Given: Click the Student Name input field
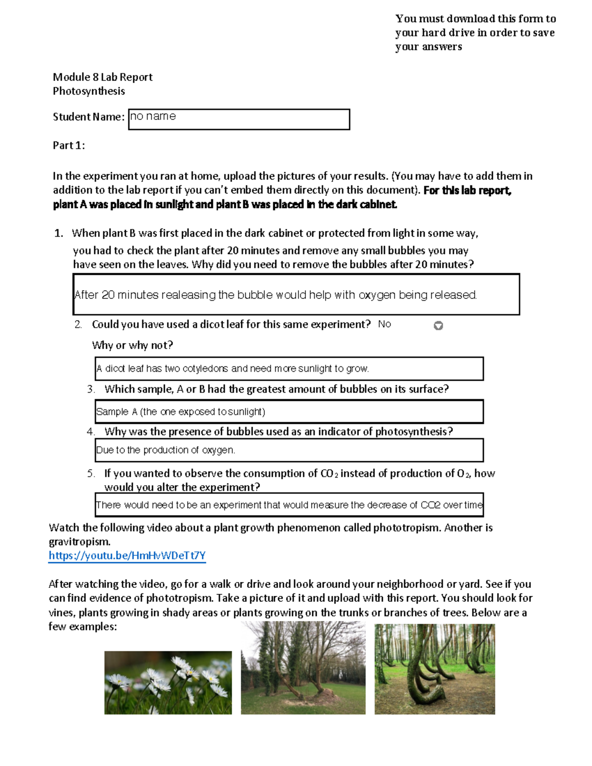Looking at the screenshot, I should pyautogui.click(x=239, y=119).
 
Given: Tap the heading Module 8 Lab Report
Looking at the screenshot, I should pyautogui.click(x=103, y=77).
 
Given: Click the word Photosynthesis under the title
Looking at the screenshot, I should pyautogui.click(x=89, y=91).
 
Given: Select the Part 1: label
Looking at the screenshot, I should pyautogui.click(x=69, y=145).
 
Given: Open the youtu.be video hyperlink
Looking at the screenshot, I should pyautogui.click(x=127, y=556).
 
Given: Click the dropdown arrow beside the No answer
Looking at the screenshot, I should pyautogui.click(x=438, y=326).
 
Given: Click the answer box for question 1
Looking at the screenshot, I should pyautogui.click(x=296, y=294).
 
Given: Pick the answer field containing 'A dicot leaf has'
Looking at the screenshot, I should pyautogui.click(x=289, y=368).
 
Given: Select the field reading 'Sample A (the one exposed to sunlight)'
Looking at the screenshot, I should pyautogui.click(x=289, y=412).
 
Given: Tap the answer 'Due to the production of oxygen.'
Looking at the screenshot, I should pyautogui.click(x=289, y=450).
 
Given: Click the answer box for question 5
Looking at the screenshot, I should pyautogui.click(x=289, y=505).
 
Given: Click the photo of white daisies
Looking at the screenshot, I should pyautogui.click(x=168, y=683).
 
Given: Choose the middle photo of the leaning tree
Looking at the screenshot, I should pyautogui.click(x=303, y=668).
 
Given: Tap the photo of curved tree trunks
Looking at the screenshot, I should pyautogui.click(x=435, y=669).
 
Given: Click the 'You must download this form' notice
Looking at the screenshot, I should pyautogui.click(x=475, y=33).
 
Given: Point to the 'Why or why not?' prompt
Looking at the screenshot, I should pyautogui.click(x=132, y=345).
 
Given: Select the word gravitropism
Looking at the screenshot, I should pyautogui.click(x=79, y=542).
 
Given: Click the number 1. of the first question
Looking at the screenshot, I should pyautogui.click(x=59, y=233).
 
